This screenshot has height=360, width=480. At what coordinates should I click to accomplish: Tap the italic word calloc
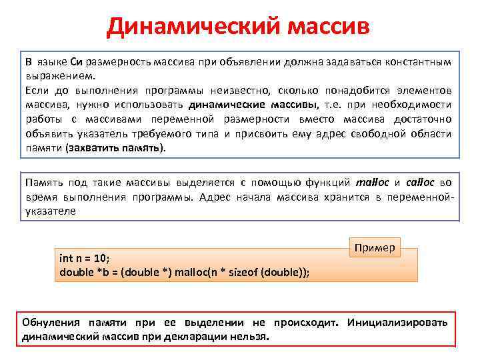pos(421,182)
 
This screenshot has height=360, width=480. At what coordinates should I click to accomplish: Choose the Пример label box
pos(375,248)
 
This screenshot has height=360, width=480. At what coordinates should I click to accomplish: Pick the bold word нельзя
pos(251,337)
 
